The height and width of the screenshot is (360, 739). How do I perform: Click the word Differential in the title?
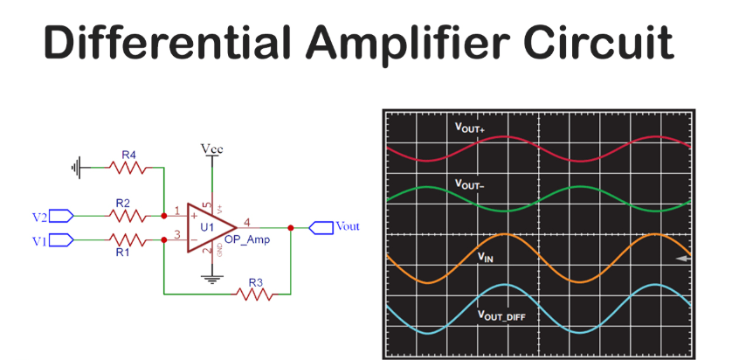(166, 42)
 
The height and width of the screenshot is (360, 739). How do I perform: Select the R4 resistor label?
(128, 155)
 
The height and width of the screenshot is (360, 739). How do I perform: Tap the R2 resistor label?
(122, 203)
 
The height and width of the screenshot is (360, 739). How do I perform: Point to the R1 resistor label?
(122, 252)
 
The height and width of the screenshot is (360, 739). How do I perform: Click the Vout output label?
(346, 226)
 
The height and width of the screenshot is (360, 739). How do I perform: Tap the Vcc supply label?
(211, 149)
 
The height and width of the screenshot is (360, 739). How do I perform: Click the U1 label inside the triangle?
(206, 227)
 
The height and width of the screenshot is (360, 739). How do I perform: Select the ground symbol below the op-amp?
(210, 279)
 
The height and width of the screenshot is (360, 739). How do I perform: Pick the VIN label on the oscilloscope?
(486, 257)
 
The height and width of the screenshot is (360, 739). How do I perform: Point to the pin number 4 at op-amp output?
(247, 221)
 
